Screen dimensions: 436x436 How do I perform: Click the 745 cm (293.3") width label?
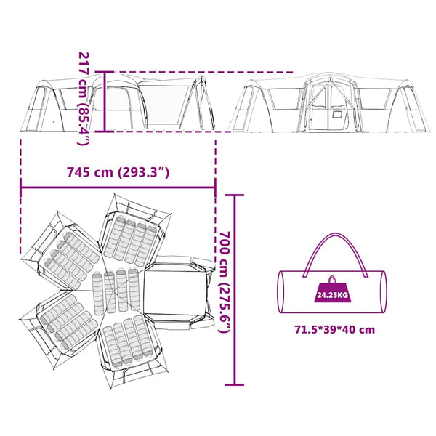[x=118, y=172]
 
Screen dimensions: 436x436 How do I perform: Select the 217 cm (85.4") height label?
[x=84, y=98]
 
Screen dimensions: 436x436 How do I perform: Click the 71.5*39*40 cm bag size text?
[x=335, y=330]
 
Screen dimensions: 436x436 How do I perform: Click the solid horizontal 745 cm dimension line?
[x=118, y=187]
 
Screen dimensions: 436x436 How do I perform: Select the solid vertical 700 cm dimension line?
[x=235, y=290]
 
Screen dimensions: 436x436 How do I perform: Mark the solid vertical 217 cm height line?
[x=105, y=102]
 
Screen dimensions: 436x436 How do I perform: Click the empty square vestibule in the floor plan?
[x=175, y=289]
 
